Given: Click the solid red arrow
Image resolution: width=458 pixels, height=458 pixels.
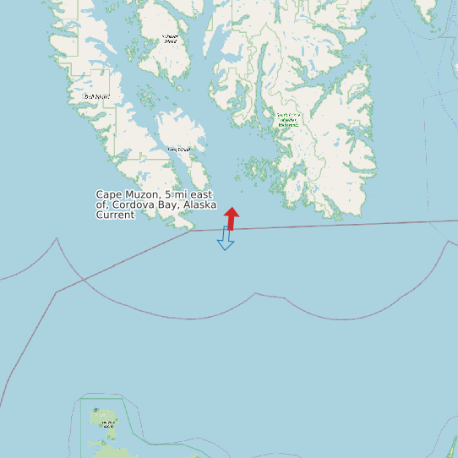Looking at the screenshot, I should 231,218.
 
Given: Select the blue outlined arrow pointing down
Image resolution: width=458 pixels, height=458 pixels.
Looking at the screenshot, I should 226,238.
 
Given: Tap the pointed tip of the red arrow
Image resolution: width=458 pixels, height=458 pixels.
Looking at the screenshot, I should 232,207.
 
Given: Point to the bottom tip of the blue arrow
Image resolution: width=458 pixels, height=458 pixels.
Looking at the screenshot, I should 226,250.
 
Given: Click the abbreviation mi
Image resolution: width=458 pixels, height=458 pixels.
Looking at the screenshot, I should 181,195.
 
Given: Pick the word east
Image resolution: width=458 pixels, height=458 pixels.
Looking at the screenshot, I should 202,195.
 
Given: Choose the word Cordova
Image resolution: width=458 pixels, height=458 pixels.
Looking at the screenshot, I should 134,205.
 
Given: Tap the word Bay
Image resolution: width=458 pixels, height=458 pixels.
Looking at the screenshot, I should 168,205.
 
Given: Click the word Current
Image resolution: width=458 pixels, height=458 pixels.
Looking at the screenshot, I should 115,215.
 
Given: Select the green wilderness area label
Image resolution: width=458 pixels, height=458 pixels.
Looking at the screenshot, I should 288,120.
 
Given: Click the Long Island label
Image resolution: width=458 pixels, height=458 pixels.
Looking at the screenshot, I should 179,150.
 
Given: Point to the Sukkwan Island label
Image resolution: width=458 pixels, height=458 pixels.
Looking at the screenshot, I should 172,38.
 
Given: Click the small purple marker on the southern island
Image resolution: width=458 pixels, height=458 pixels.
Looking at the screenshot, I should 95,410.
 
